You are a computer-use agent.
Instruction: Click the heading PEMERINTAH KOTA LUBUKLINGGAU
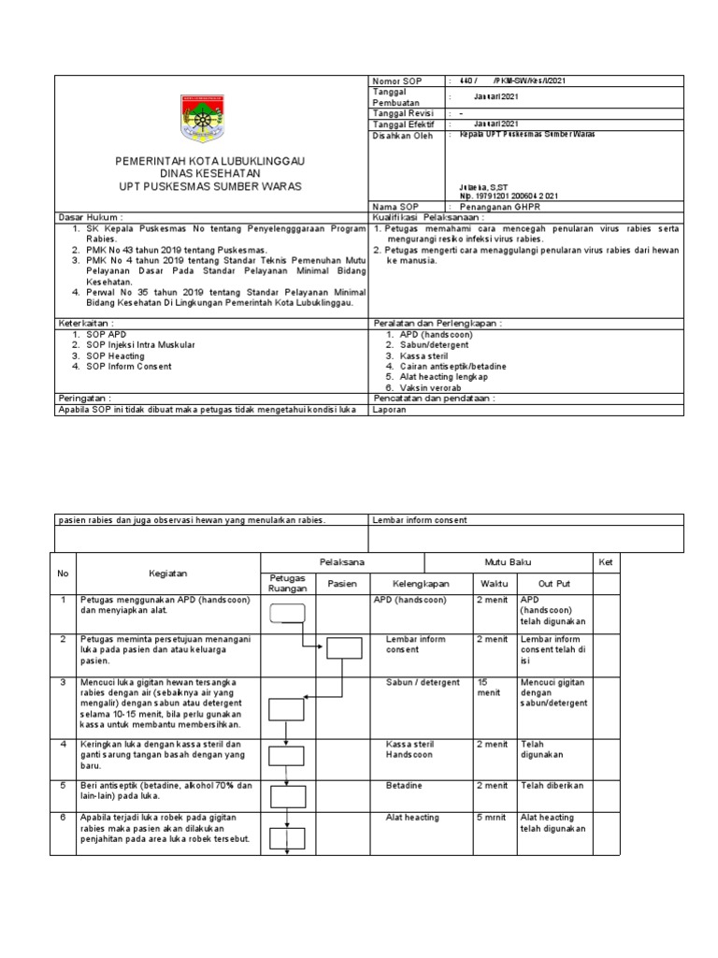210,162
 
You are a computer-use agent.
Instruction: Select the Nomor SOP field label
397,82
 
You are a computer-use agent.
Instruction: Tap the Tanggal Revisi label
404,112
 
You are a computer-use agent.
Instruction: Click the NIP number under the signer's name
508,196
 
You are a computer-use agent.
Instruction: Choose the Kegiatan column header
168,573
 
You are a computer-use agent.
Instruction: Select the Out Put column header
554,583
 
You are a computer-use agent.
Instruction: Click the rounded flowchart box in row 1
288,614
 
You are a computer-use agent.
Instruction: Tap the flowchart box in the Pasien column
342,648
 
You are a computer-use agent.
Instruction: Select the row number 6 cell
64,817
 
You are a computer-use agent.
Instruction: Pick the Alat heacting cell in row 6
412,817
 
